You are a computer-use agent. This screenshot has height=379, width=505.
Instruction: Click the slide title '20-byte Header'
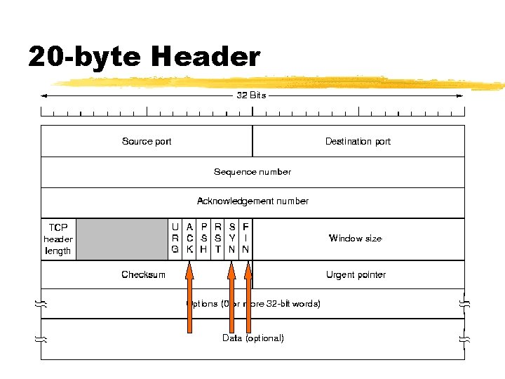(144, 56)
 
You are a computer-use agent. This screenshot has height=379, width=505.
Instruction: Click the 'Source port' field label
(147, 141)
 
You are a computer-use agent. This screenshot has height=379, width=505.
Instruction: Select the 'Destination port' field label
(358, 141)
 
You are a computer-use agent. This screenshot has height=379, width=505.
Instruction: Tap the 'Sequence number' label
(252, 171)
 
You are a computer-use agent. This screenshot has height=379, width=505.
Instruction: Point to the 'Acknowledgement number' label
(252, 201)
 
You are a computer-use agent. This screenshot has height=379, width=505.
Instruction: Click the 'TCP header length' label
(58, 239)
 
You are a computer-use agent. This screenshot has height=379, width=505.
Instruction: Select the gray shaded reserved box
(122, 239)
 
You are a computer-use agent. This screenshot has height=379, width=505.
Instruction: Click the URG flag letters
(175, 239)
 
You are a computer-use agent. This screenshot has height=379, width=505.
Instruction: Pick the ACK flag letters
(189, 239)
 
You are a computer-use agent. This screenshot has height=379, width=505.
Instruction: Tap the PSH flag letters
(203, 239)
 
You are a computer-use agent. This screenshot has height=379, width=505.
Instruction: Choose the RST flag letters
(218, 239)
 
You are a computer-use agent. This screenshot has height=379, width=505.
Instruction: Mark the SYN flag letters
(232, 239)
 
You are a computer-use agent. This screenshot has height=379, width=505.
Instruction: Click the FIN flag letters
(245, 239)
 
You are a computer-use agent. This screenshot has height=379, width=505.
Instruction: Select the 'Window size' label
(356, 239)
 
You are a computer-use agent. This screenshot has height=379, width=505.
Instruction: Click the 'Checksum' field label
(143, 274)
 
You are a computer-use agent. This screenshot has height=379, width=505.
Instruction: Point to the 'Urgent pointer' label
(356, 274)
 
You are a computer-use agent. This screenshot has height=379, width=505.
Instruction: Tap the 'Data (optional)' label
(253, 338)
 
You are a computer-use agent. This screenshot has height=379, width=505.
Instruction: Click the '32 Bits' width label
(251, 95)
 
